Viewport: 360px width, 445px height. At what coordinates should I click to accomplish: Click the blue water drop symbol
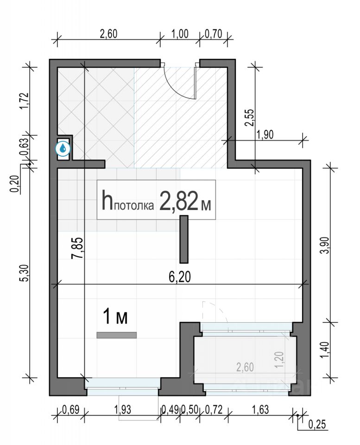[63, 147]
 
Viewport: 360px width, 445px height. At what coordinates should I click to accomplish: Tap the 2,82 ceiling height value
[179, 200]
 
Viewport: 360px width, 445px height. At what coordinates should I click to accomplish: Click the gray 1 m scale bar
[117, 335]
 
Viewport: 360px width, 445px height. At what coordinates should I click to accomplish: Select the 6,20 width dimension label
[180, 277]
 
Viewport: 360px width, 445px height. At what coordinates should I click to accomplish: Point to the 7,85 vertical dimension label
[78, 248]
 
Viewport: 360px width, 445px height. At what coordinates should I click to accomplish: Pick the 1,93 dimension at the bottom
[123, 410]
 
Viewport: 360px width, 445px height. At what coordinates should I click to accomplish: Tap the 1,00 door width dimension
[180, 34]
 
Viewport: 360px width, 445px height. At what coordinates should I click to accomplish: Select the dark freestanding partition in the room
[184, 239]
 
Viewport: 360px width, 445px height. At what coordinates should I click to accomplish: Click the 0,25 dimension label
[317, 425]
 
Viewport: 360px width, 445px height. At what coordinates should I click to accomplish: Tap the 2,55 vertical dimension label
[249, 117]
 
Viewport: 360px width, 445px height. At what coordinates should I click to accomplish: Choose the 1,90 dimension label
[265, 134]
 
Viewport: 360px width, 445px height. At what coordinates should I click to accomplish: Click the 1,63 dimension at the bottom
[260, 410]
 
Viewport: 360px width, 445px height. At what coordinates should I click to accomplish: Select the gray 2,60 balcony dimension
[245, 367]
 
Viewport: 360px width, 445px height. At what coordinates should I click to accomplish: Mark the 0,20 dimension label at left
[15, 184]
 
